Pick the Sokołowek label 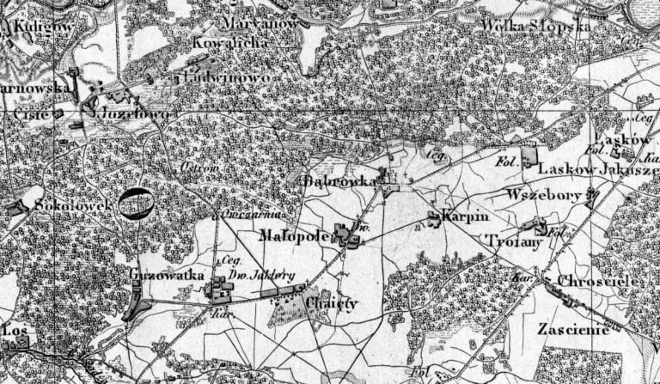pos(64,206)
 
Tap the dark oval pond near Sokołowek pos(136,204)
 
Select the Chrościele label pos(596,281)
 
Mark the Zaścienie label pos(571,329)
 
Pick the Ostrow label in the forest pos(196,167)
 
